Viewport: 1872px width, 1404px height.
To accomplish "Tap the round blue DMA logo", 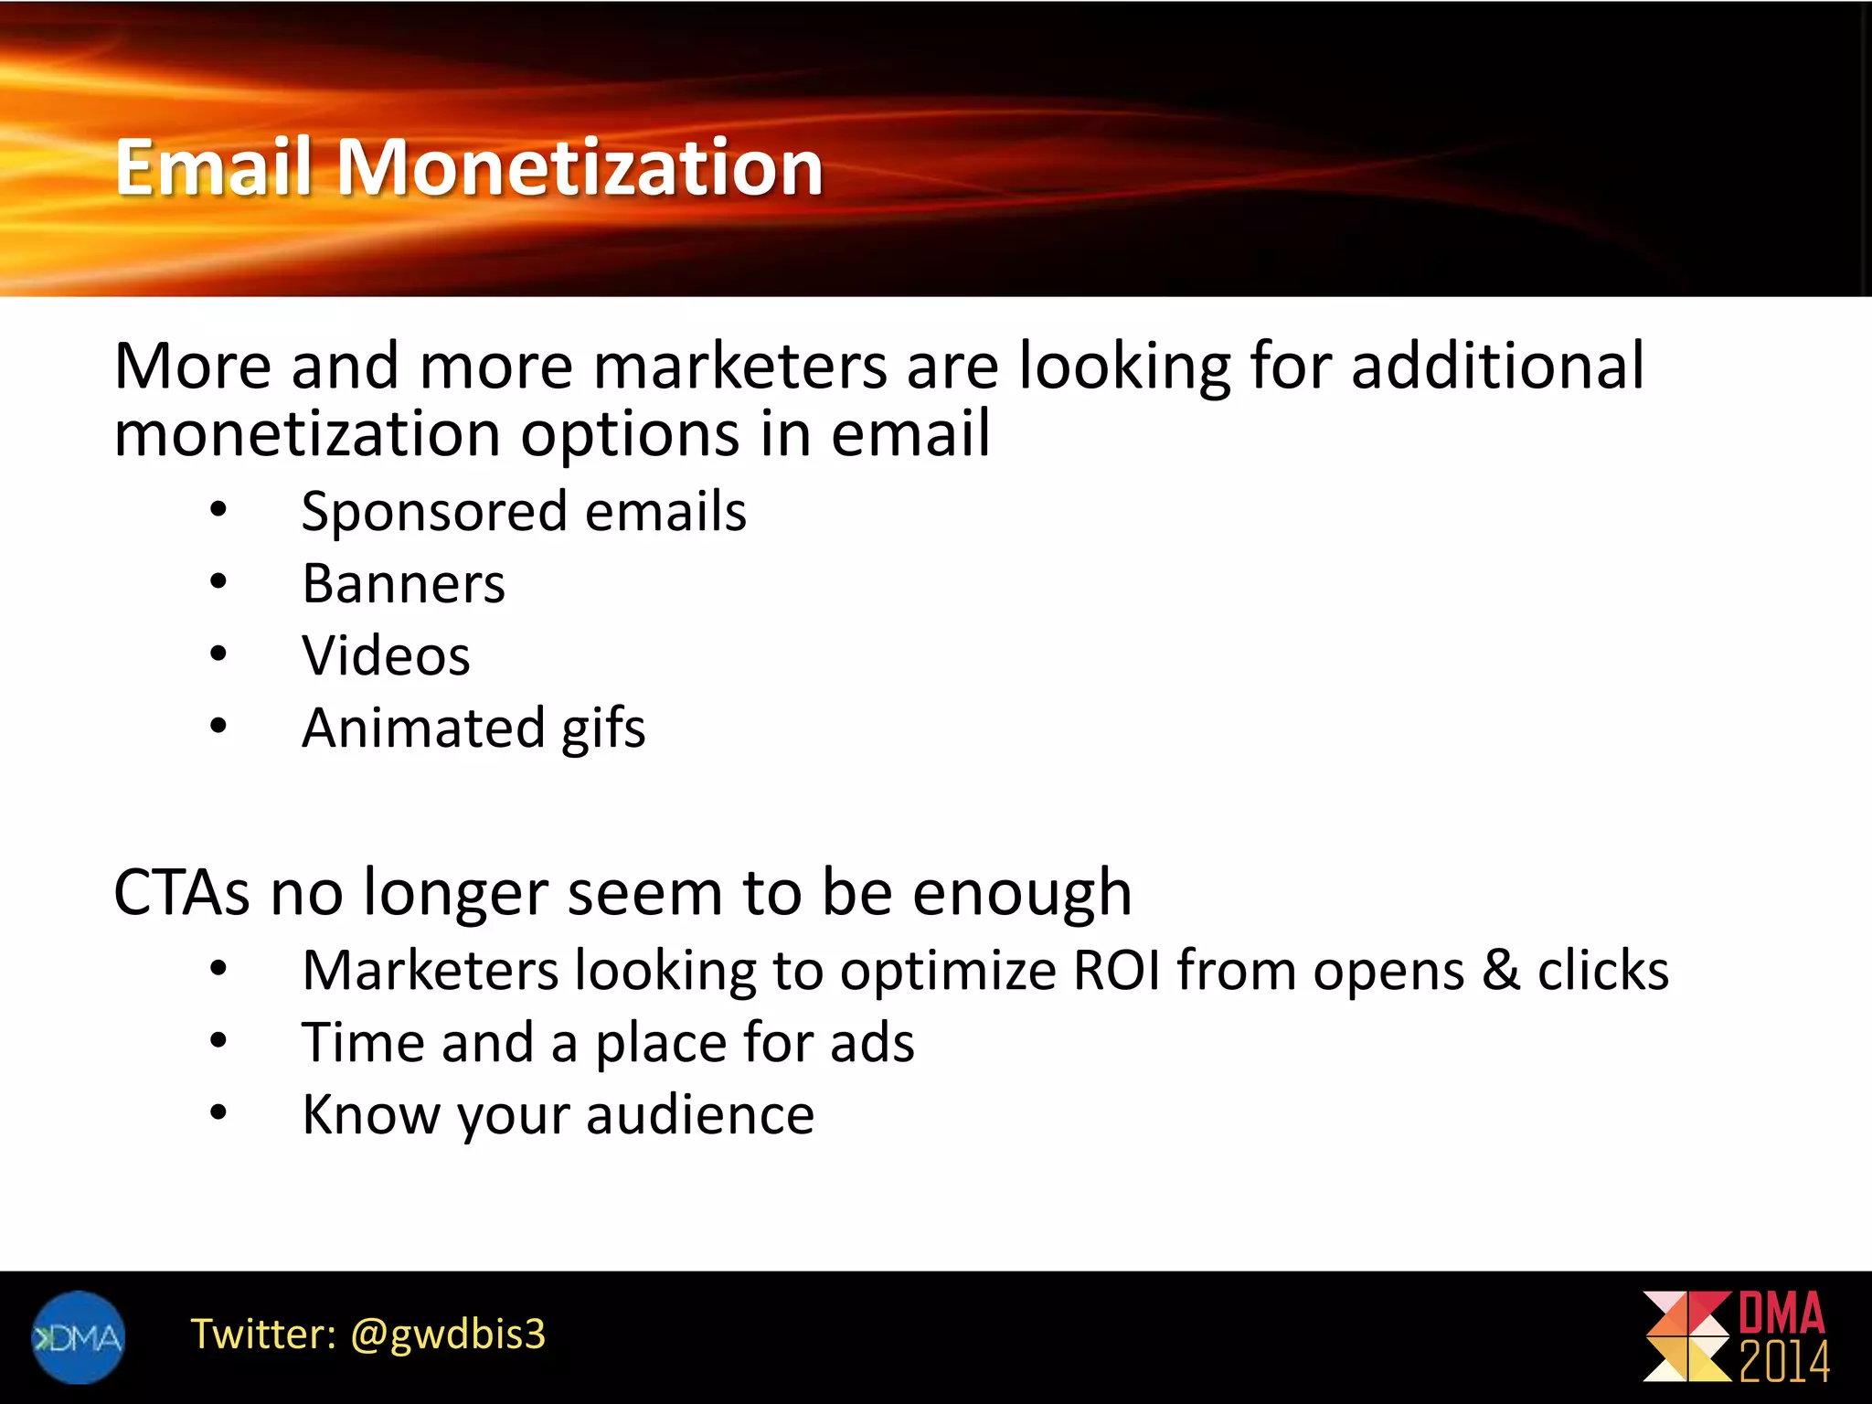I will [x=79, y=1337].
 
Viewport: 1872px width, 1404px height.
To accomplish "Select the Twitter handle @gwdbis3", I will [x=448, y=1334].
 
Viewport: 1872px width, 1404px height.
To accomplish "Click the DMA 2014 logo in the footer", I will [x=1736, y=1337].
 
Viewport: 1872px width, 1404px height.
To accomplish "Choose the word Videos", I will [x=386, y=655].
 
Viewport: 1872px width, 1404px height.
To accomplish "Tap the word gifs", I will [x=603, y=729].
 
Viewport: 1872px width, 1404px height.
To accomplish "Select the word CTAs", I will [x=181, y=892].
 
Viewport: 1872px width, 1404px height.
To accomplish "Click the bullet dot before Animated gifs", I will [x=218, y=727].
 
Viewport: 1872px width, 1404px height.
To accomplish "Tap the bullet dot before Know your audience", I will [x=218, y=1112].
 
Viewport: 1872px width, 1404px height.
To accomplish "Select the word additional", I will [x=1497, y=366].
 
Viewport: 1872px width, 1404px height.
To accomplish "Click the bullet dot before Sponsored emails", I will [x=218, y=509].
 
